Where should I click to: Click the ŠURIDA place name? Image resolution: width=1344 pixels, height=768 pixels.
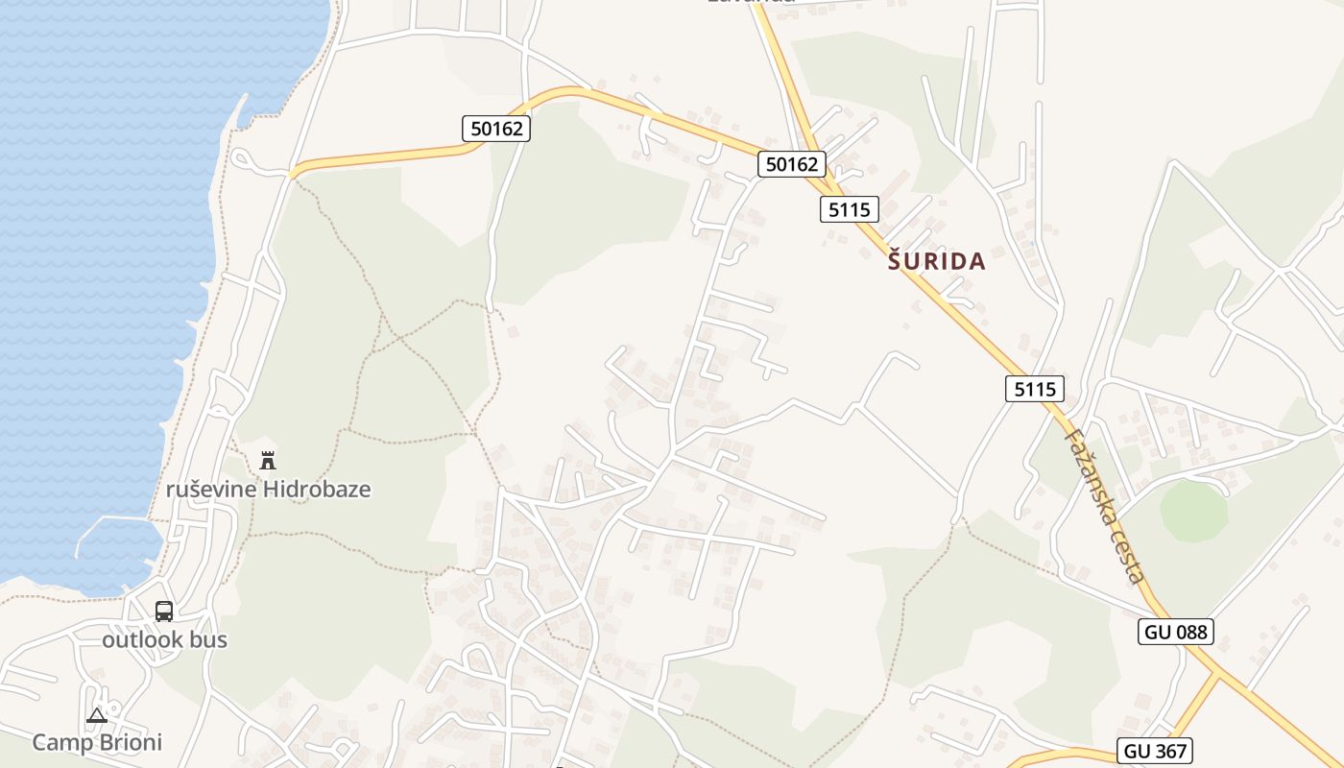click(x=937, y=261)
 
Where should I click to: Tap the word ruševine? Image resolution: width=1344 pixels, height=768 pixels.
click(x=211, y=489)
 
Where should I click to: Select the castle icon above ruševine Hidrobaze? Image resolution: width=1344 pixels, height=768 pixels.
click(x=268, y=461)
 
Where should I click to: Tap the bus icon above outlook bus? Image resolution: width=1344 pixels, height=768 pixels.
click(x=164, y=612)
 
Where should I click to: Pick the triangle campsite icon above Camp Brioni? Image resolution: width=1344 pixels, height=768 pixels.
click(x=97, y=715)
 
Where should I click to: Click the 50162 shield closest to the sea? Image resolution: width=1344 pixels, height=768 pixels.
click(x=496, y=128)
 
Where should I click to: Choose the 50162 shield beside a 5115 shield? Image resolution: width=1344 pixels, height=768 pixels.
click(x=792, y=164)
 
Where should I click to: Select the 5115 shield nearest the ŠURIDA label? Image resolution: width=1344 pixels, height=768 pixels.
click(x=850, y=208)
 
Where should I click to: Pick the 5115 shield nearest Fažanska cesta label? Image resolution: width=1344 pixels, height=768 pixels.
click(x=1036, y=388)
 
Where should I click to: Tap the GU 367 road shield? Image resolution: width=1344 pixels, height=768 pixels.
click(x=1154, y=751)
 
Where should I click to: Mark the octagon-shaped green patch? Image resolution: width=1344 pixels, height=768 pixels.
click(x=1193, y=511)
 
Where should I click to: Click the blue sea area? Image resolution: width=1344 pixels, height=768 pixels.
click(x=96, y=240)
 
